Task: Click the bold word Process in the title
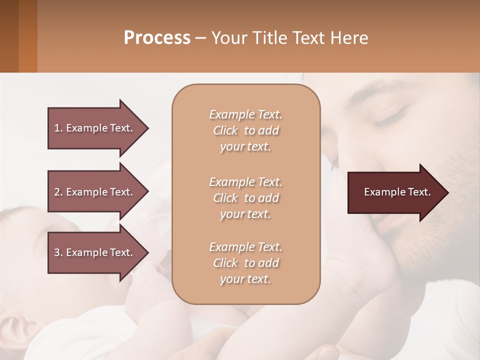point(157,38)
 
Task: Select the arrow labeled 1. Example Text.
point(94,128)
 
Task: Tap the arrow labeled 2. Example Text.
point(94,192)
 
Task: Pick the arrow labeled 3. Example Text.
point(94,252)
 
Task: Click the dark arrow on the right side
point(395,192)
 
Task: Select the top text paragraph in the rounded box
point(245,130)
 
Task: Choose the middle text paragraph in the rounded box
point(245,197)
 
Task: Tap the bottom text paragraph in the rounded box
point(245,263)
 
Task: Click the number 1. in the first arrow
point(58,128)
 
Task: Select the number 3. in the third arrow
point(58,252)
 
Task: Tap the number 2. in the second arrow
point(58,192)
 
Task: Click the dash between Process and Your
point(201,38)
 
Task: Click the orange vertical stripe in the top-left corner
point(27,36)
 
